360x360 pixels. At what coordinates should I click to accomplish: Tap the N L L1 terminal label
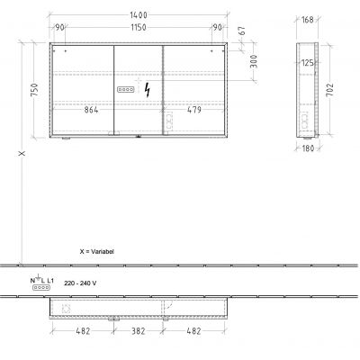pos(42,282)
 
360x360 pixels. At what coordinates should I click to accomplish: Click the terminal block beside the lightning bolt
pos(125,91)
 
